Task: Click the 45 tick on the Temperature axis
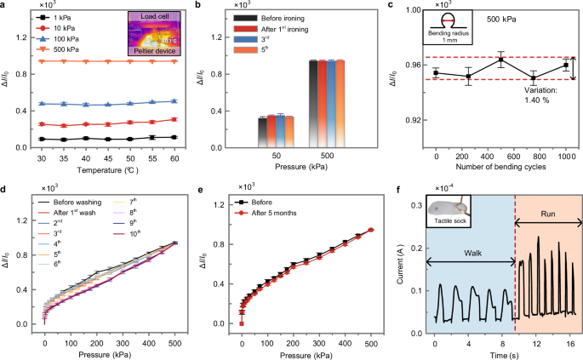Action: pos(107,159)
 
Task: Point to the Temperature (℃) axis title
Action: pos(107,170)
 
